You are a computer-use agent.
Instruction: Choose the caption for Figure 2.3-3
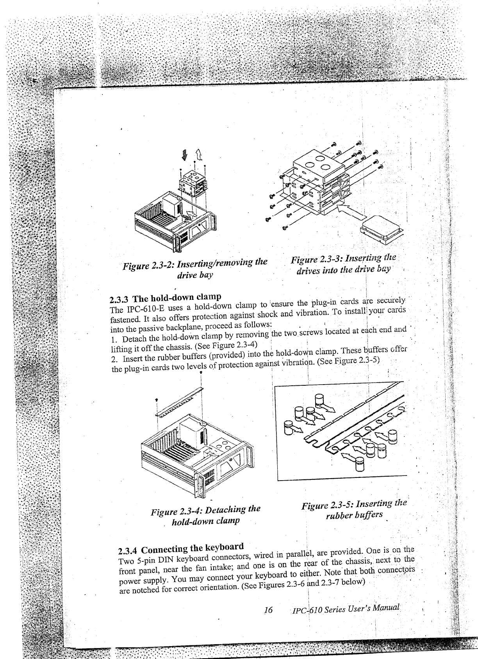click(344, 264)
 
